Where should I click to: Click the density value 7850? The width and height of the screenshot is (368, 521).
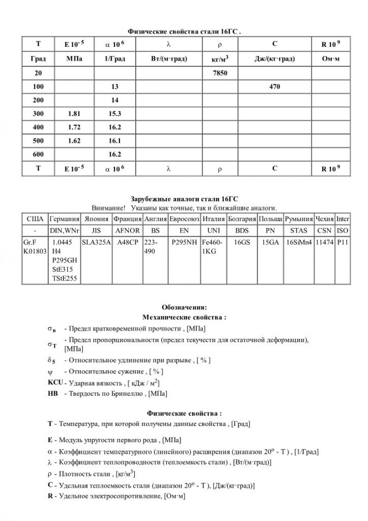219,73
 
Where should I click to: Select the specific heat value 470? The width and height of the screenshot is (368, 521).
274,87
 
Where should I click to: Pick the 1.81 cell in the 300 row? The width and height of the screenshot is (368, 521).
73,113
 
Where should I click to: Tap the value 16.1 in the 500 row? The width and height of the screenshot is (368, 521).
114,140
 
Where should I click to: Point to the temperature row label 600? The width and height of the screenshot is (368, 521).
38,154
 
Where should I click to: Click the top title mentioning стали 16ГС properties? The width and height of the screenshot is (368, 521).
184,32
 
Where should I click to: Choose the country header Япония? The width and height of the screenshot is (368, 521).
96,219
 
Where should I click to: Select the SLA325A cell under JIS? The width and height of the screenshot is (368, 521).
96,243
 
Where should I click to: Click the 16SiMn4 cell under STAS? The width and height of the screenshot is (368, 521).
299,243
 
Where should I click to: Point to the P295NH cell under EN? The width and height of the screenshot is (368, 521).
184,243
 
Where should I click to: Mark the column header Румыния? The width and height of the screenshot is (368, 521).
299,219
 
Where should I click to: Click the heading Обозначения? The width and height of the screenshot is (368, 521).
184,307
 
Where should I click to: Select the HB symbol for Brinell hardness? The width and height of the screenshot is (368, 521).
52,393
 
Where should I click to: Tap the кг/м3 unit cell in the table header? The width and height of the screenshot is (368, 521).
219,60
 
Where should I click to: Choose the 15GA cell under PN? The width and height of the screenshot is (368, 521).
270,243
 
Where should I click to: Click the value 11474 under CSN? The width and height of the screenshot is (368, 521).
324,243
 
